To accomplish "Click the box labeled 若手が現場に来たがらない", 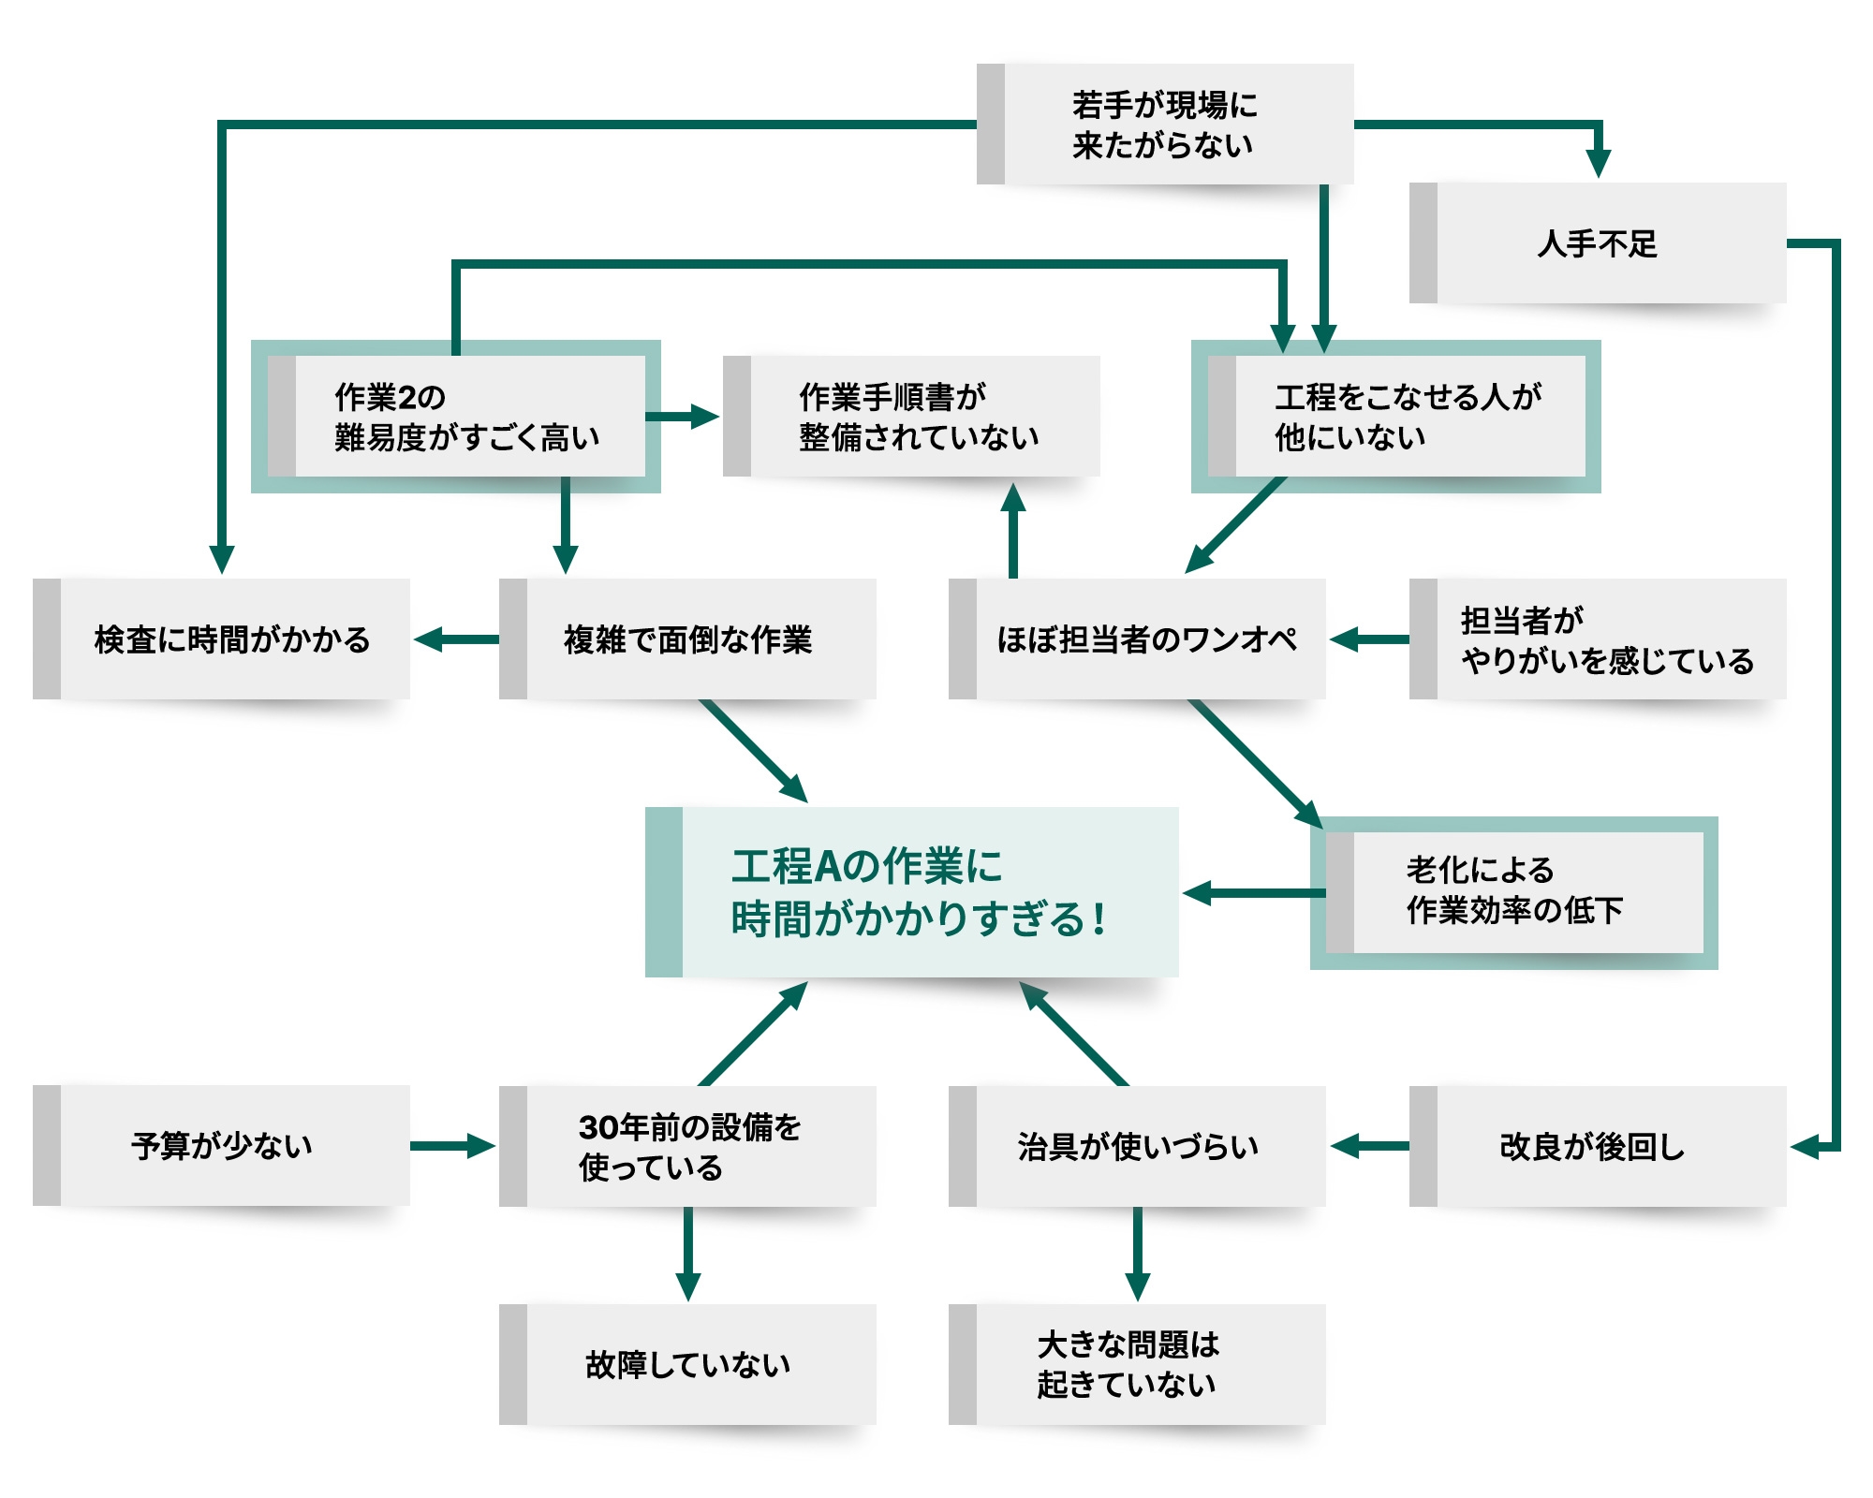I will [x=1165, y=125].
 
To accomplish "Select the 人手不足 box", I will [x=1598, y=243].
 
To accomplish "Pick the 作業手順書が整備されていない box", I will [x=912, y=417].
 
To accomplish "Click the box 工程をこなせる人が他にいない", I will [x=1396, y=417].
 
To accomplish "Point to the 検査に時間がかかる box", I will [x=222, y=639].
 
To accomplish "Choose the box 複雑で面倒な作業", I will [x=688, y=639].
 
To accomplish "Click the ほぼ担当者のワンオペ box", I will [x=1138, y=639].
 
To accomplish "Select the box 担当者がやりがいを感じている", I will [x=1598, y=639].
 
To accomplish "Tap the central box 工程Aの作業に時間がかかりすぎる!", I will [x=912, y=892].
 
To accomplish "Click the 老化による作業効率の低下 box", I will [x=1514, y=892].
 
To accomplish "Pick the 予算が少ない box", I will [x=222, y=1146].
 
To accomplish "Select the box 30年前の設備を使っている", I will [x=688, y=1146].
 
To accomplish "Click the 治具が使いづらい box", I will [x=1138, y=1146].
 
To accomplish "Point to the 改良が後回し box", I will [x=1598, y=1146].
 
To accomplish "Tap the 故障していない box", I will [x=688, y=1365].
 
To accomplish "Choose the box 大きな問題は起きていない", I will [x=1138, y=1365].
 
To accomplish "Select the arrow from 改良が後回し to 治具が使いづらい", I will [x=1369, y=1146].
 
